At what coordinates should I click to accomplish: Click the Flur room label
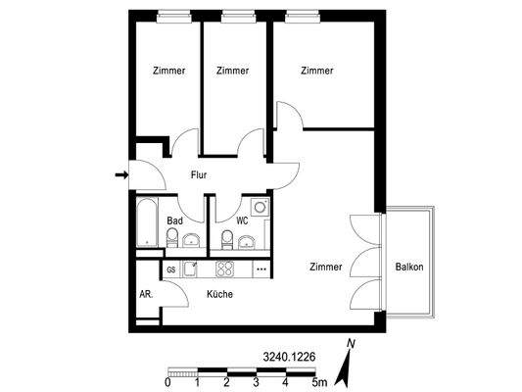click(199, 175)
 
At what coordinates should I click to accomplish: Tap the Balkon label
click(409, 268)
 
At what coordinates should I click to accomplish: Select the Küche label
click(219, 294)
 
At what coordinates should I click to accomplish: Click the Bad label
click(174, 222)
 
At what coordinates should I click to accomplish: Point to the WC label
click(241, 222)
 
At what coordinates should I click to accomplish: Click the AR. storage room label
click(145, 294)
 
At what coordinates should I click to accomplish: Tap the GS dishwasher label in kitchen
click(171, 269)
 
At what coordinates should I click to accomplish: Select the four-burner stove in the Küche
click(225, 269)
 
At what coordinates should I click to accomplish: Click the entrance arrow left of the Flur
click(121, 175)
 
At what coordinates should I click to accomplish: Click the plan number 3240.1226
click(289, 358)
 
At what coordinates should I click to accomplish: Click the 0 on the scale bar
click(168, 382)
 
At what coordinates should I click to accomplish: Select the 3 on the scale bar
click(256, 382)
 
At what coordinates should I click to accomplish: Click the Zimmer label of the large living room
click(326, 268)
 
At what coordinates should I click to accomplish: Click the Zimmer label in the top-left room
click(168, 71)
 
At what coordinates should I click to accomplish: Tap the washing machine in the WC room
click(260, 208)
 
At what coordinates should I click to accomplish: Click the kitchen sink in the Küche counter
click(193, 268)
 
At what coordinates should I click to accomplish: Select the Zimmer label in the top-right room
click(317, 71)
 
